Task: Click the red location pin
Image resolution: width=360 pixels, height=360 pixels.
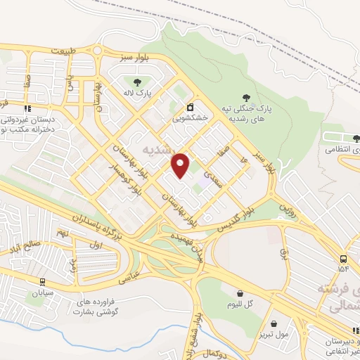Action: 181,165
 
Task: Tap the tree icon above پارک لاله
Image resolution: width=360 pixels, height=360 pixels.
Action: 136,81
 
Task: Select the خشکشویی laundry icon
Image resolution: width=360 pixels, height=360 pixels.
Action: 190,108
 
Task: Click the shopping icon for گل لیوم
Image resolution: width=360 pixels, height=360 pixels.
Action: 240,294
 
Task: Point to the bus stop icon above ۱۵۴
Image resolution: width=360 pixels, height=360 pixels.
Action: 342,258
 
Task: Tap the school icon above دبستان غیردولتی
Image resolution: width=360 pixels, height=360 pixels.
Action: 27,108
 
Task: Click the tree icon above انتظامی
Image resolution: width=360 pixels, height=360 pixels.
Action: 355,138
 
